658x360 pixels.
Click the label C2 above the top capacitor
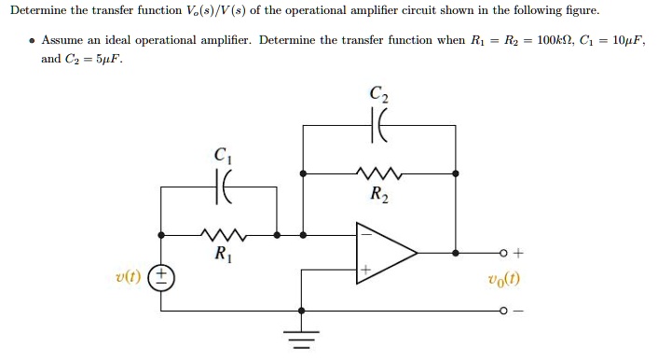click(379, 93)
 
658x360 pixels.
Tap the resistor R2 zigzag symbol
click(377, 173)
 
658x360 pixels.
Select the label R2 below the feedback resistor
click(378, 195)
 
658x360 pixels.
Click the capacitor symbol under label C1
click(221, 187)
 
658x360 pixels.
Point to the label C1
click(220, 156)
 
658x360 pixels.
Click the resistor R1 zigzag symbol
click(222, 235)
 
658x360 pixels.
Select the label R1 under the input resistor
click(222, 254)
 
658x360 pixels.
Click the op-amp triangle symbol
click(383, 253)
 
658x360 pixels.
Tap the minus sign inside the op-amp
click(365, 236)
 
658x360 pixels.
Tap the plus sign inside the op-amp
click(365, 270)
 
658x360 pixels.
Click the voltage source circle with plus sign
click(161, 277)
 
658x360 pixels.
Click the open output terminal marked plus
click(503, 252)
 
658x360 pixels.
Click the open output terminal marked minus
click(503, 311)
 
